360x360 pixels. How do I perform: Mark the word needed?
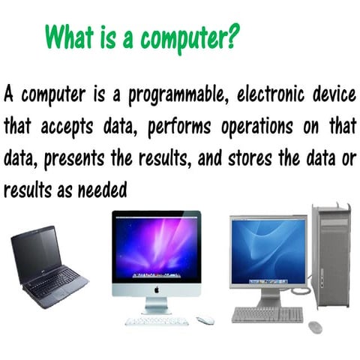(x=109, y=190)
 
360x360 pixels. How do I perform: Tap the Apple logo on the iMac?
(x=156, y=287)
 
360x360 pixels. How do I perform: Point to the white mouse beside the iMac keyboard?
(x=205, y=320)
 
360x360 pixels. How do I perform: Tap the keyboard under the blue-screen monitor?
(x=266, y=315)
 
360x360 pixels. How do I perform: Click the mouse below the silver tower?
(x=315, y=326)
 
